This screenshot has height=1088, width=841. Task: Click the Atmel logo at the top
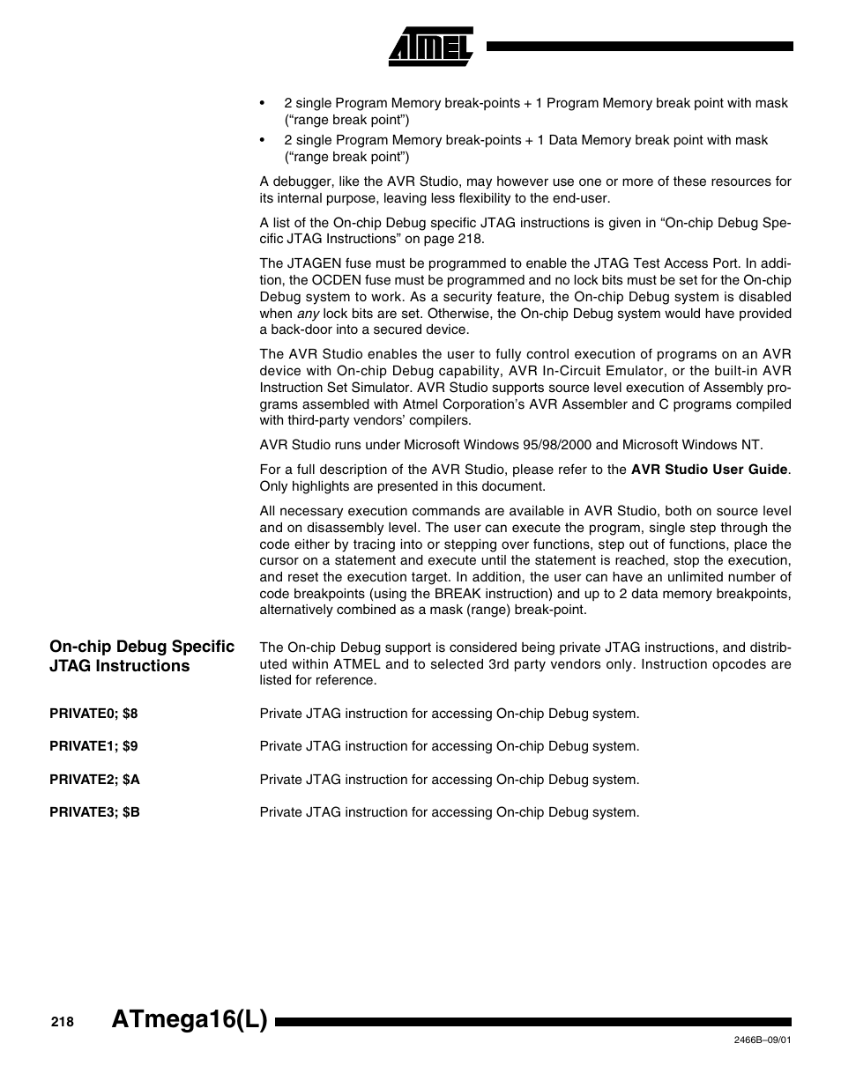tap(431, 47)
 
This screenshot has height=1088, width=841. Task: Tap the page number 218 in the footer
tap(62, 1022)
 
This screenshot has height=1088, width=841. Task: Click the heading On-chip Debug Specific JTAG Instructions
tap(141, 656)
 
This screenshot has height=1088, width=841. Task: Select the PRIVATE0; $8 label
tap(93, 714)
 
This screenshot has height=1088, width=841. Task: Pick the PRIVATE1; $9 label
tap(93, 746)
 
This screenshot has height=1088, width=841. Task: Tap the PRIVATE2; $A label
tap(94, 780)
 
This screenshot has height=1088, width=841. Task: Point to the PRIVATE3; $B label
tap(94, 812)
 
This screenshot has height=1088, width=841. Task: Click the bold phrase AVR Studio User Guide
tap(709, 470)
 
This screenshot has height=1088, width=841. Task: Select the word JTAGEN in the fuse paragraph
tap(314, 263)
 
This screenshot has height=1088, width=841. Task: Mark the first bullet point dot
tap(264, 103)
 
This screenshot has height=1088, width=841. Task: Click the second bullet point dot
tap(264, 140)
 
